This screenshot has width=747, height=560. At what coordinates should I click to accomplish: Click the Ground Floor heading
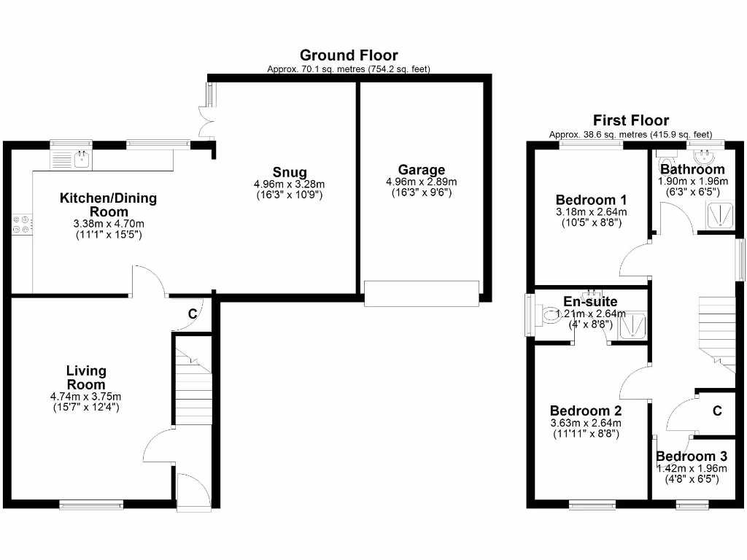point(349,55)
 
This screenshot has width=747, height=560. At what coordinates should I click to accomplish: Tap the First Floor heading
point(630,120)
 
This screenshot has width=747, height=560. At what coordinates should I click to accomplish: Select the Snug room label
point(290,172)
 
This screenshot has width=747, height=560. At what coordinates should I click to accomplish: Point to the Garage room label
point(421,170)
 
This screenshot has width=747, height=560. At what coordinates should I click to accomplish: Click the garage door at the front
point(422,292)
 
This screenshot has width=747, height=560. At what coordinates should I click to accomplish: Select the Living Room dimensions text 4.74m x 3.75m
point(86,397)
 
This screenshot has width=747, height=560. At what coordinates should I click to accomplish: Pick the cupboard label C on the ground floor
point(193,314)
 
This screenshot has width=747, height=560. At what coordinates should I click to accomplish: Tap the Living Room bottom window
point(91,503)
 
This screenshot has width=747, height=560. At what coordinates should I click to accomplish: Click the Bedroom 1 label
point(591,200)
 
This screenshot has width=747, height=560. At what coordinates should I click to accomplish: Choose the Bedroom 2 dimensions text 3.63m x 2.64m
point(585,423)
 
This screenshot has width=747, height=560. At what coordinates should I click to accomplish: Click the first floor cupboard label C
point(717,411)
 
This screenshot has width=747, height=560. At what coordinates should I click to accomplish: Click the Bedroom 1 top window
point(591,144)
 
